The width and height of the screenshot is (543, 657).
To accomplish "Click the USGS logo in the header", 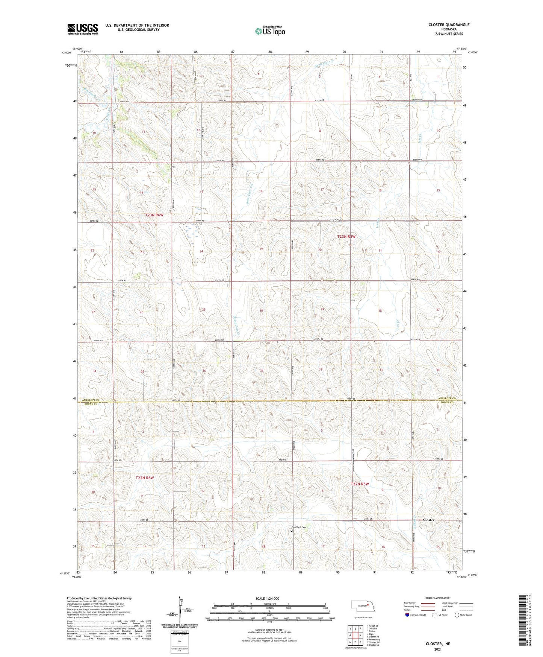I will pos(82,29).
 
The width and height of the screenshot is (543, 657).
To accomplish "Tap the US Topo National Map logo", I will pos(270,31).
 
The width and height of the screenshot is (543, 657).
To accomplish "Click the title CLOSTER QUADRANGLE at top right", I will pos(449,25).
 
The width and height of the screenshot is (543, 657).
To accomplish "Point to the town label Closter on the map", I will pos(428,520).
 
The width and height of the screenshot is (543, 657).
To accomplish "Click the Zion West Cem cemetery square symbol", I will pos(291,531).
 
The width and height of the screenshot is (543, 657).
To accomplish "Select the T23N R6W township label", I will pos(155,215).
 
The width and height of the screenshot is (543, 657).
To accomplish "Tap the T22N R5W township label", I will pos(360,484).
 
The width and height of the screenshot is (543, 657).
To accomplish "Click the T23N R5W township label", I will pos(346,237).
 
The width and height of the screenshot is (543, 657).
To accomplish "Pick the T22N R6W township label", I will pos(145,478).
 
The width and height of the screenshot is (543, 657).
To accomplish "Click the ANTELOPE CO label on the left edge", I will pos(87,399).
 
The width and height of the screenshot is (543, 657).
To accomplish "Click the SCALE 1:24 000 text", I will pos(267,598).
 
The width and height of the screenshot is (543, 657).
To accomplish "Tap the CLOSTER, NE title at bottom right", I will pos(438,644).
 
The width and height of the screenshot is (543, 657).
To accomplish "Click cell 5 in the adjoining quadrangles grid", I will pos(360,635).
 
